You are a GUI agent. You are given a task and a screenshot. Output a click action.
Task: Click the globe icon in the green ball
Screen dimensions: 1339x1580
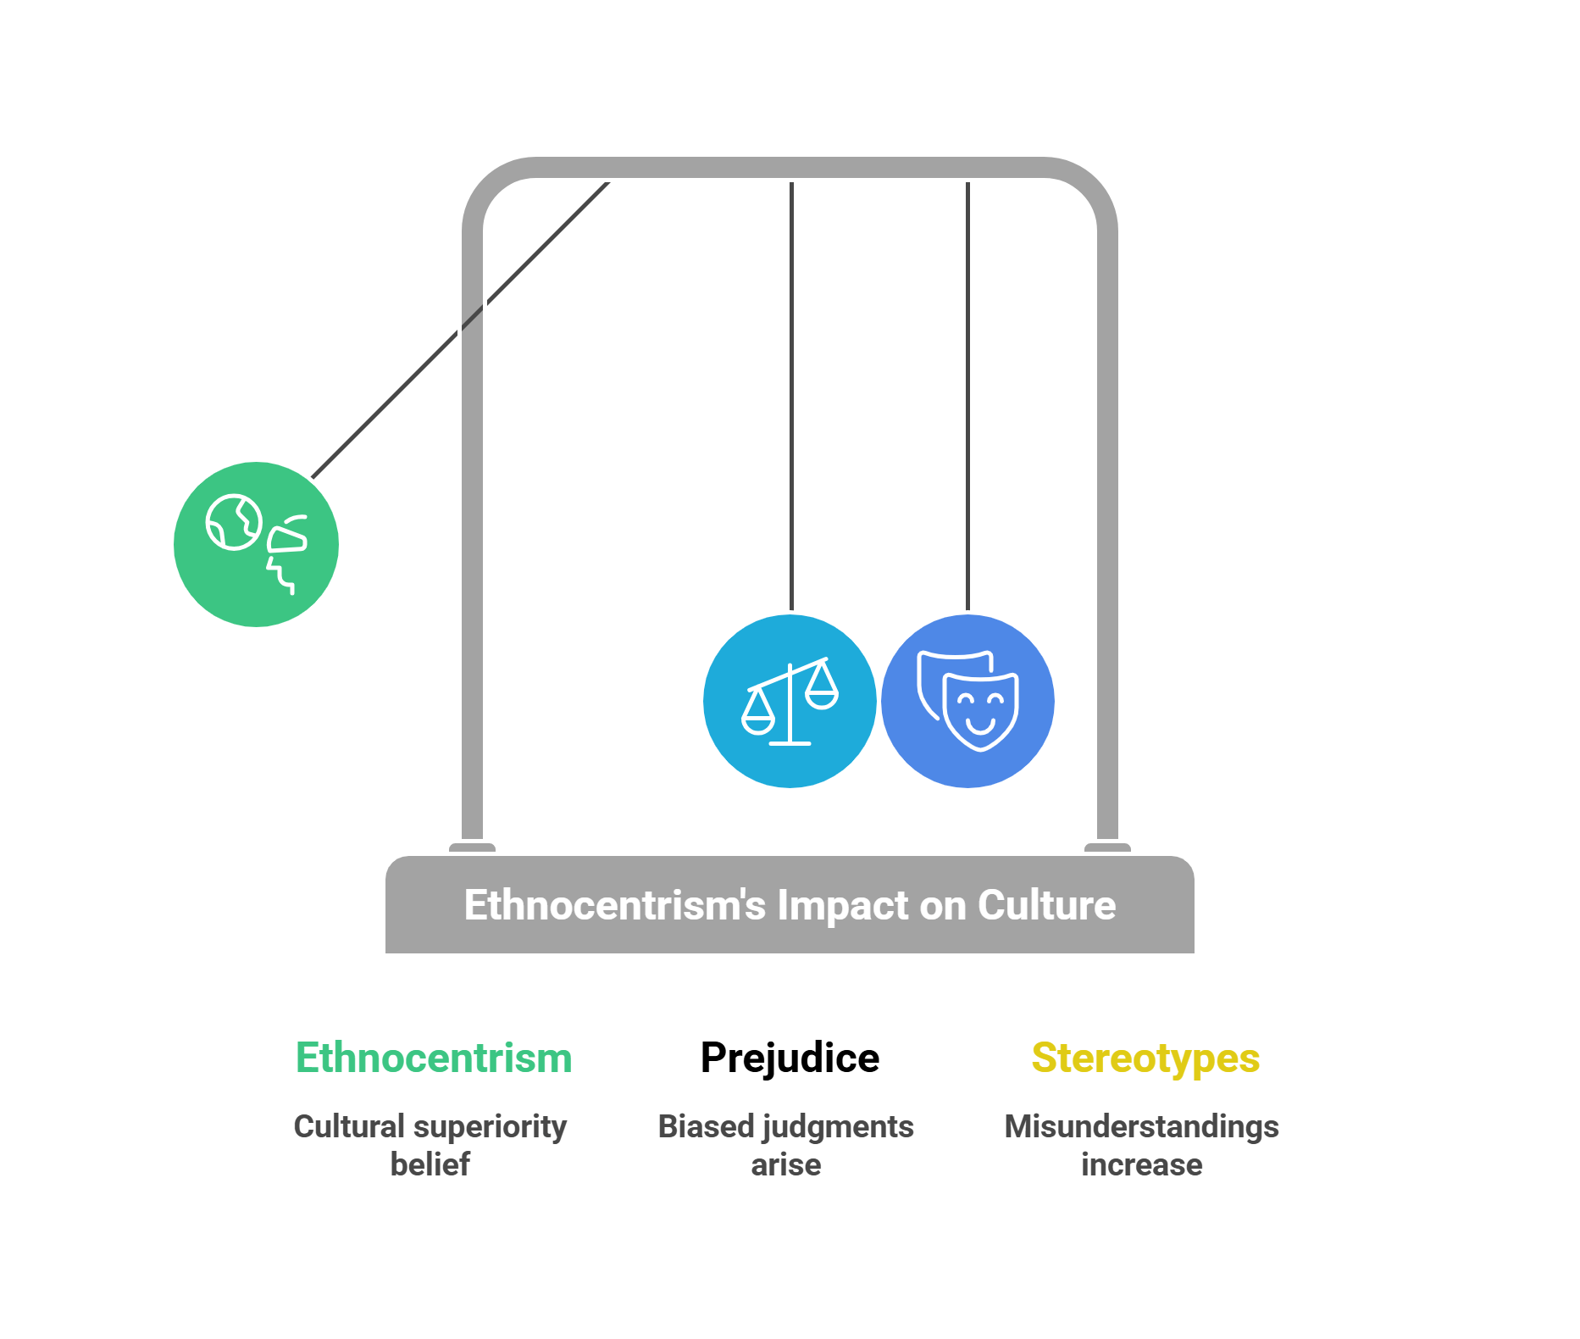(233, 522)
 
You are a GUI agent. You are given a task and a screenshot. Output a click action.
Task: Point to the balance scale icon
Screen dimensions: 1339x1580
(790, 702)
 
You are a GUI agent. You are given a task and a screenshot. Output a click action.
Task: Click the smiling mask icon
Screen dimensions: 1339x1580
(980, 710)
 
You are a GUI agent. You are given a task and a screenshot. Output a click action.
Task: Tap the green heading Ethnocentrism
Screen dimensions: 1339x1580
(434, 1058)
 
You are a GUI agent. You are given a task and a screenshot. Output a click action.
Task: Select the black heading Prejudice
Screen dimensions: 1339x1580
(790, 1058)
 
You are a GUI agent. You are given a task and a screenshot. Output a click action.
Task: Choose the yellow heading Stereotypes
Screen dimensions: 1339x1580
(1145, 1058)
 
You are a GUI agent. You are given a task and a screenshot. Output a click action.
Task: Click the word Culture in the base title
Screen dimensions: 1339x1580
(1046, 905)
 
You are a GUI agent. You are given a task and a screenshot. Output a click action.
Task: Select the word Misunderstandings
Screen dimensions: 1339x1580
(1141, 1127)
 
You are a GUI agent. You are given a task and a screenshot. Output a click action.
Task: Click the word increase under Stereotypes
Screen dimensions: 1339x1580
(1141, 1165)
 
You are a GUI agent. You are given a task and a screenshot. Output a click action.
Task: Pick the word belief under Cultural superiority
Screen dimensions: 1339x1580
(430, 1165)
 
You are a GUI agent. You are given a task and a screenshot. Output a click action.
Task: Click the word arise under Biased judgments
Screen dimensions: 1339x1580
(785, 1165)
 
